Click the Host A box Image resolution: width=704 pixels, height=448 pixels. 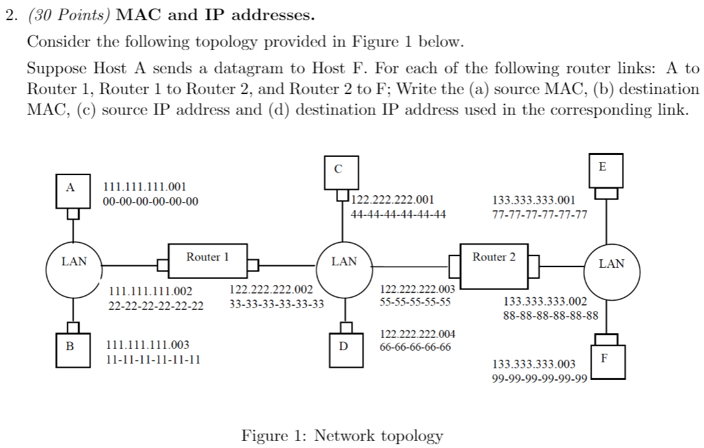click(71, 189)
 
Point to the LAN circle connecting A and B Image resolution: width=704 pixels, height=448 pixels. click(73, 263)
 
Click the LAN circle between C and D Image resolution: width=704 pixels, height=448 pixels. click(343, 263)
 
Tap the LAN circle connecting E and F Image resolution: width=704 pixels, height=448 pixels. click(611, 265)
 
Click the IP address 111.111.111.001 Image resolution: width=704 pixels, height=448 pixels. click(145, 187)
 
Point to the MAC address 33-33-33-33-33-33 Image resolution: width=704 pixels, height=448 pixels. click(277, 303)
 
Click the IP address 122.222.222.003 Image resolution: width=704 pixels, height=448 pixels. click(417, 289)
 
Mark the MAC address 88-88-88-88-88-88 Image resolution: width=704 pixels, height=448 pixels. click(551, 316)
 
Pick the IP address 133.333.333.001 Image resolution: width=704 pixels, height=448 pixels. click(534, 200)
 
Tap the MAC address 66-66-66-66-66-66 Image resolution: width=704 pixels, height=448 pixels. click(415, 347)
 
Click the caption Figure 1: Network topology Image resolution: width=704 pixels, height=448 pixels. click(342, 436)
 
